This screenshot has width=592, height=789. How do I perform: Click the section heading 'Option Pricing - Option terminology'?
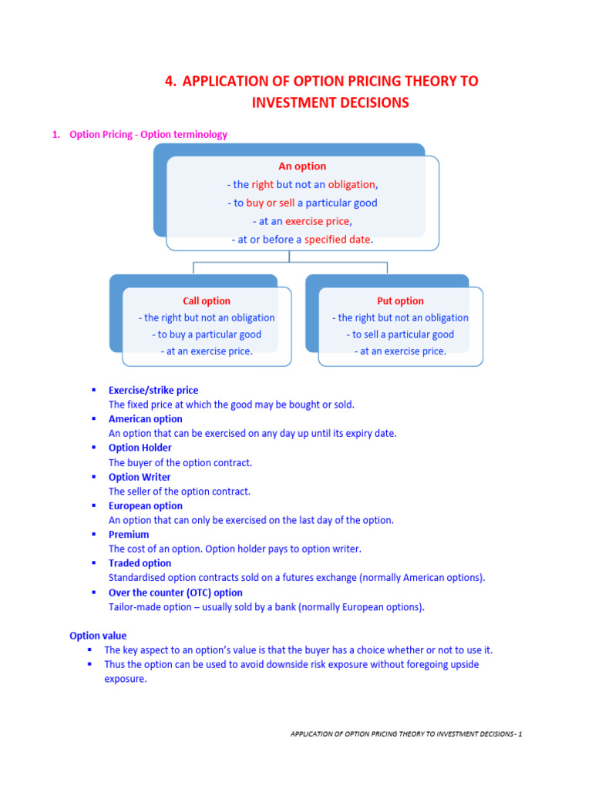point(148,134)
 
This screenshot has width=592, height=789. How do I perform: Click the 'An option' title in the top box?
point(302,166)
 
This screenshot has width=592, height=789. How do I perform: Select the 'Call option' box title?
point(207,301)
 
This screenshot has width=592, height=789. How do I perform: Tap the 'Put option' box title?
point(400,301)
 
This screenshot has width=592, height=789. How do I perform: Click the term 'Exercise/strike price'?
point(153,391)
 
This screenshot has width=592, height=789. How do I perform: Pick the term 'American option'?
point(146,419)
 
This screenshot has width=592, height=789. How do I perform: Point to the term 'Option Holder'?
point(140,448)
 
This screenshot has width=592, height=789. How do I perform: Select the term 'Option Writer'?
point(140,477)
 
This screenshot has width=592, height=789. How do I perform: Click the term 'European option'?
point(146,505)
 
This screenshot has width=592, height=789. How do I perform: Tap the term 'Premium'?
point(129,535)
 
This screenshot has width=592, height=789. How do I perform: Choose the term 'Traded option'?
point(140,563)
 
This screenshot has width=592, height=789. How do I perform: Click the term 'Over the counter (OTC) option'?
point(176,593)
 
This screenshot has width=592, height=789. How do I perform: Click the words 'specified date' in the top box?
point(338,240)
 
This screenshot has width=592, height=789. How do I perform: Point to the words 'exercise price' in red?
point(317,221)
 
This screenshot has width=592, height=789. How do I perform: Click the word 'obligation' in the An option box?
point(351,185)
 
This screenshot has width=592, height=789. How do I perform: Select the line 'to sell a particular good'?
point(400,334)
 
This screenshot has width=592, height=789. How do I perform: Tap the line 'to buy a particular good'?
point(207,334)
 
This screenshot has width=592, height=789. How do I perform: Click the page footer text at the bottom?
point(406,734)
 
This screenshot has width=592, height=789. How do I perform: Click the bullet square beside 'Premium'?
point(93,534)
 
